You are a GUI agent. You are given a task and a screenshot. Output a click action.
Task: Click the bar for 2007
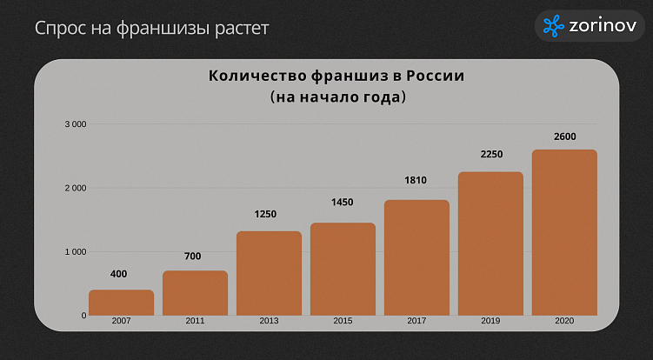click(121, 303)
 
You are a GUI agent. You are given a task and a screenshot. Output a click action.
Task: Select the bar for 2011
click(195, 293)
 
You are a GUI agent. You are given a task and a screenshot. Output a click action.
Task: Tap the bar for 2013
click(269, 273)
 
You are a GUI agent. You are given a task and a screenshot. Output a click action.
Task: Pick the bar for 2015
click(343, 269)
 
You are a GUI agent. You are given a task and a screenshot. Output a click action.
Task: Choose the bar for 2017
click(416, 257)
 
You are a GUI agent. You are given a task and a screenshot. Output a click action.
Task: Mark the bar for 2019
click(490, 243)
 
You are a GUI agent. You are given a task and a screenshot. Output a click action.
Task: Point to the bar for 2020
click(564, 232)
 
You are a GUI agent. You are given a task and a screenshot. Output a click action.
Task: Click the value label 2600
click(564, 137)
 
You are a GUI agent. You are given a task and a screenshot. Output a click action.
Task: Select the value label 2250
click(491, 155)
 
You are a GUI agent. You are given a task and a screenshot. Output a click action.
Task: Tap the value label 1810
click(416, 180)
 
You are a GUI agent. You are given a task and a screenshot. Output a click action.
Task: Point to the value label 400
click(119, 274)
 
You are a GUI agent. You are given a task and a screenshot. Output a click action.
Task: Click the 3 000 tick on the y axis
click(76, 124)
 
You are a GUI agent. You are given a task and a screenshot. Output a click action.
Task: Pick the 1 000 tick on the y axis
click(76, 252)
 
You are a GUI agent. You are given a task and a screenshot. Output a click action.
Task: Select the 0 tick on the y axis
click(83, 316)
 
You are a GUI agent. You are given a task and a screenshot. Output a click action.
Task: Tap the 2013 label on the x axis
click(269, 322)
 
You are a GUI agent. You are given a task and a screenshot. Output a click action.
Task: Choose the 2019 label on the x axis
click(490, 322)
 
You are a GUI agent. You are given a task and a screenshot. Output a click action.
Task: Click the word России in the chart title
click(435, 76)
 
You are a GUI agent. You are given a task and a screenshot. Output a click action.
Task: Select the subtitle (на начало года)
click(338, 97)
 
